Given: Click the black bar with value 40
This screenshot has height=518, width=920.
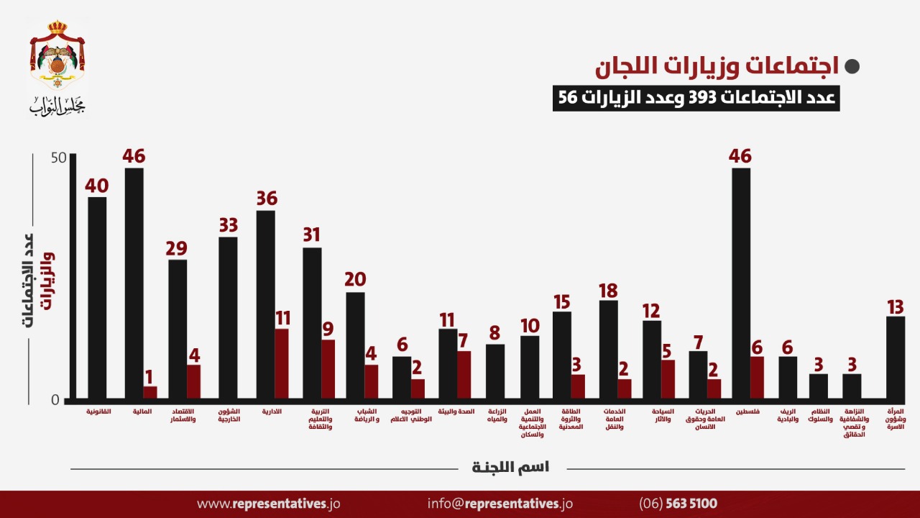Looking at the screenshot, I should (97, 297).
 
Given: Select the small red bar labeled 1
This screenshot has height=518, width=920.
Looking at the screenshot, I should (150, 392).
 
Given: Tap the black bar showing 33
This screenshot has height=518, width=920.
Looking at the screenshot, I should (228, 317).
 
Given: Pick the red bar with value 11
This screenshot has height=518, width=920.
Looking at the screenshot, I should (282, 363).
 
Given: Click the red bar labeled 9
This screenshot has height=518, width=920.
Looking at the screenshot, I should (328, 369).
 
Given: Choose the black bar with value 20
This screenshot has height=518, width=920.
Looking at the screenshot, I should (355, 345).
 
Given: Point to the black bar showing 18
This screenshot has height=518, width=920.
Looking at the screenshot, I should (609, 349).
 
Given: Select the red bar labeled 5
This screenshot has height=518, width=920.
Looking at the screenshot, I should (668, 378).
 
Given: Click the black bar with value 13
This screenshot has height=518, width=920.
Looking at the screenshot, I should (895, 357).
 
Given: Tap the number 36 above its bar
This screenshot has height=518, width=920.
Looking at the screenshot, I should (267, 199).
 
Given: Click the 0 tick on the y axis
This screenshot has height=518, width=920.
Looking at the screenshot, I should (55, 400).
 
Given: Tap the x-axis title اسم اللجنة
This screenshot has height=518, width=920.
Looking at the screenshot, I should (510, 468).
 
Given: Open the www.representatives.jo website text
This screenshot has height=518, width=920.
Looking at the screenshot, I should (268, 504).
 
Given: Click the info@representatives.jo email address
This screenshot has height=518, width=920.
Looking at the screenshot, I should (500, 504).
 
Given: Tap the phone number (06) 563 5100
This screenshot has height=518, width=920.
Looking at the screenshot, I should (678, 504).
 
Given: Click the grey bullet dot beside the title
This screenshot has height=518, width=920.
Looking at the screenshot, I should (852, 67).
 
